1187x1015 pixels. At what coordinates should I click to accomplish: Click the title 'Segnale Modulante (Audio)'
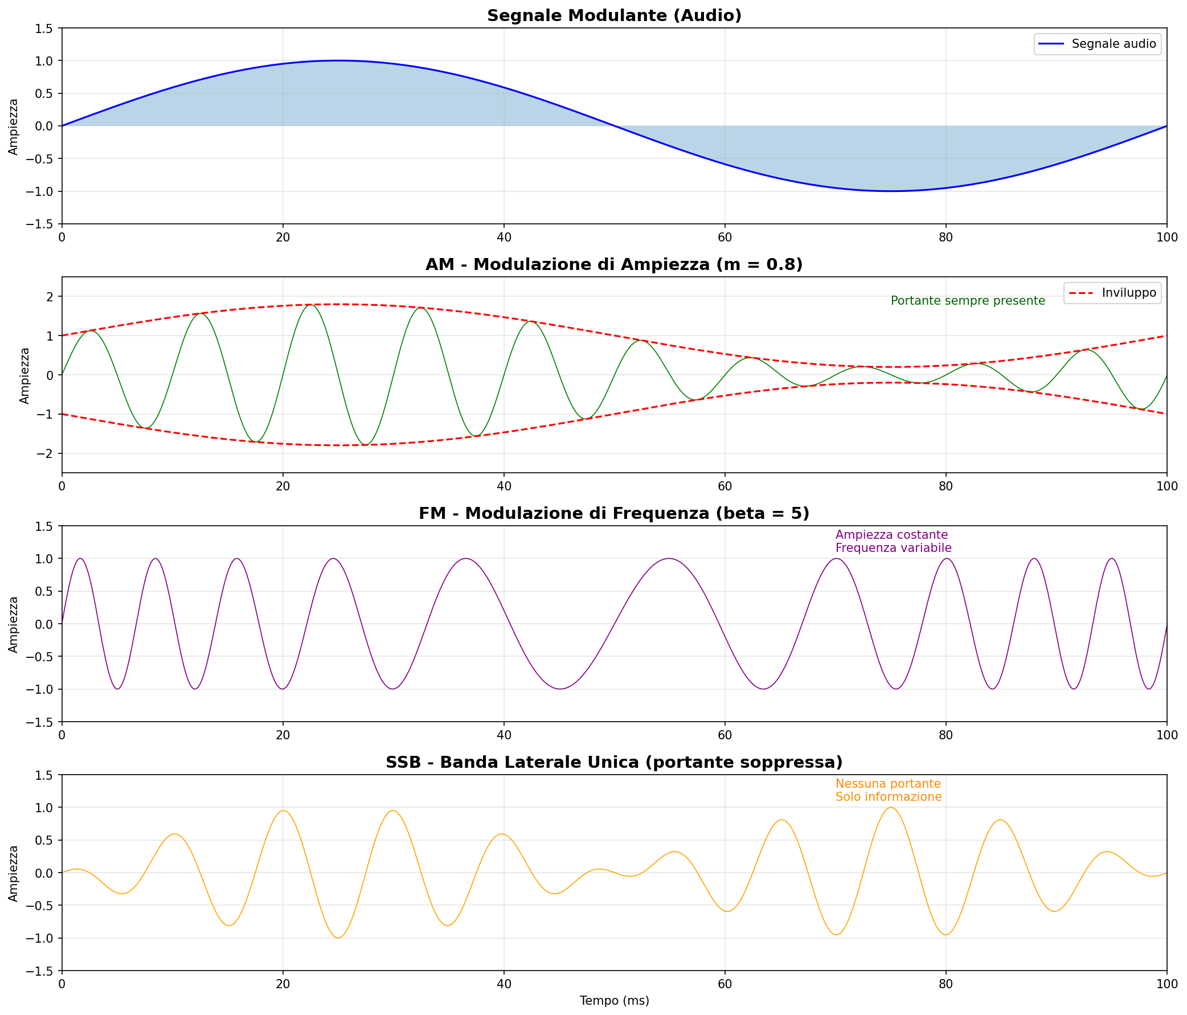[x=614, y=16]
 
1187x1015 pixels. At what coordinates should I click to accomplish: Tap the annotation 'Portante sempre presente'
[x=968, y=301]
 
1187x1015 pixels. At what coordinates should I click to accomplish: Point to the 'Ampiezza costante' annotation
[x=891, y=534]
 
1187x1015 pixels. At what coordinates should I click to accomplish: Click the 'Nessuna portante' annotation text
[x=888, y=784]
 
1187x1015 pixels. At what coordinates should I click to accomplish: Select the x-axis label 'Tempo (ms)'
[x=614, y=1001]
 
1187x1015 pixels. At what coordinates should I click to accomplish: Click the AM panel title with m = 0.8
[x=614, y=265]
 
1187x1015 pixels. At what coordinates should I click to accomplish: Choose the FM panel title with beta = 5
[x=614, y=514]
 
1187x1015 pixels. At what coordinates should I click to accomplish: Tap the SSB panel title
[x=614, y=763]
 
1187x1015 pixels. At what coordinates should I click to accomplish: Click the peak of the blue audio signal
[x=338, y=61]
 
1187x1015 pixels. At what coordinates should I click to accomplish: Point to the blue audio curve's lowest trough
[x=891, y=191]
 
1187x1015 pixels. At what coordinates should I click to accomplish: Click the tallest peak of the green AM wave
[x=310, y=305]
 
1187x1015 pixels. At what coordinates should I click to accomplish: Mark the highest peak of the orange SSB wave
[x=891, y=808]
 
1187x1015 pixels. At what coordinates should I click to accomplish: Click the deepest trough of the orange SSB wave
[x=338, y=938]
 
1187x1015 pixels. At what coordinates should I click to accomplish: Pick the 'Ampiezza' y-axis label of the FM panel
[x=14, y=624]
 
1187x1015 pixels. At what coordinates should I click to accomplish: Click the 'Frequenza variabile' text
[x=893, y=548]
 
